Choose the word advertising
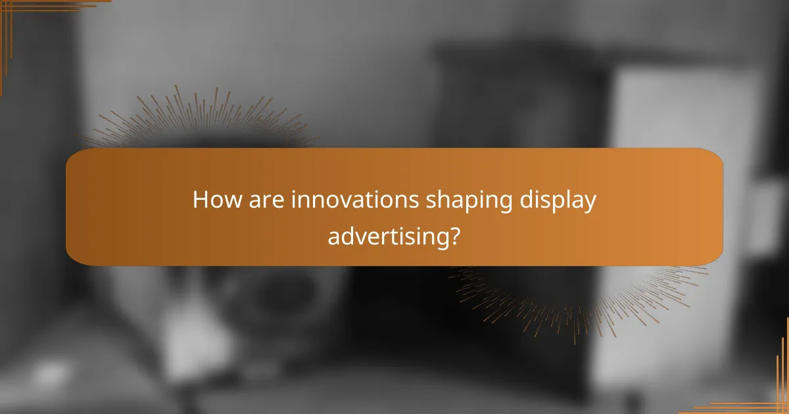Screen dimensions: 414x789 [385, 235]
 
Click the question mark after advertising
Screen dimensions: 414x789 [453, 235]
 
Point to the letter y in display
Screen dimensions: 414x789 [589, 204]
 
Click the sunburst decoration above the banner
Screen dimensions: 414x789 [197, 122]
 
